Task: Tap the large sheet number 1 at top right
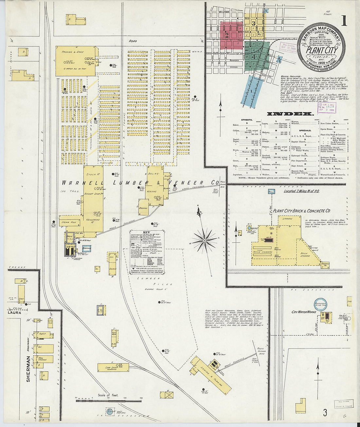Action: [343, 21]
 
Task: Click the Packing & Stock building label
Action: [73, 52]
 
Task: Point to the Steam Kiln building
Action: [69, 222]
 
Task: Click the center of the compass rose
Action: [205, 240]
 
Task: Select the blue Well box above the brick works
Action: [271, 191]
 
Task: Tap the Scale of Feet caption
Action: [108, 395]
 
